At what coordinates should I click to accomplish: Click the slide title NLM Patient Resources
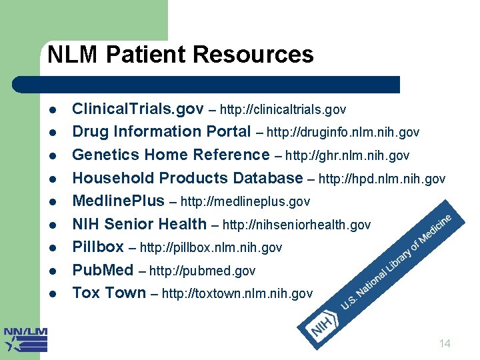pyautogui.click(x=180, y=55)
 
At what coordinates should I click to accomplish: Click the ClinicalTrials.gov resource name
pyautogui.click(x=137, y=108)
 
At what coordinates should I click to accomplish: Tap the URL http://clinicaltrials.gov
pyautogui.click(x=283, y=109)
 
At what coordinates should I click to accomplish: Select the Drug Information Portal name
pyautogui.click(x=161, y=131)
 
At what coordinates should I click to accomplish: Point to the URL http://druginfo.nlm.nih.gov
pyautogui.click(x=343, y=132)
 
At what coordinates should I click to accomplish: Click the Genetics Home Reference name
pyautogui.click(x=171, y=155)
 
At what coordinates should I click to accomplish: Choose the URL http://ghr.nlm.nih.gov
pyautogui.click(x=347, y=155)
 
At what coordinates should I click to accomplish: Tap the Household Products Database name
pyautogui.click(x=187, y=178)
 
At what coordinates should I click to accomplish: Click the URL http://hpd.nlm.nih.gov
pyautogui.click(x=382, y=179)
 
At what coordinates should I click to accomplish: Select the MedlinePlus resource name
pyautogui.click(x=118, y=201)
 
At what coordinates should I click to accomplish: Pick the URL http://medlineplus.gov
pyautogui.click(x=245, y=201)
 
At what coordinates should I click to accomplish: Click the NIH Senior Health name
pyautogui.click(x=139, y=224)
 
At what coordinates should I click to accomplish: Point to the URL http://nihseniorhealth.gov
pyautogui.click(x=296, y=225)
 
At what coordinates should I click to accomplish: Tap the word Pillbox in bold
pyautogui.click(x=98, y=247)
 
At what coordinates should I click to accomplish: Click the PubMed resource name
pyautogui.click(x=103, y=270)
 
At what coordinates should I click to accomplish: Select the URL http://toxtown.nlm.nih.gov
pyautogui.click(x=237, y=293)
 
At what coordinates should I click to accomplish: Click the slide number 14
pyautogui.click(x=445, y=344)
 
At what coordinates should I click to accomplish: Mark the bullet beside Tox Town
pyautogui.click(x=53, y=293)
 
